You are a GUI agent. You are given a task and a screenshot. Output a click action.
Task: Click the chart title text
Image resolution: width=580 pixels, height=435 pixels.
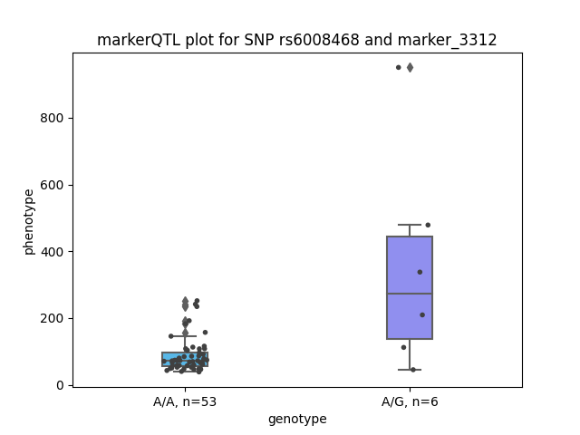click(x=296, y=40)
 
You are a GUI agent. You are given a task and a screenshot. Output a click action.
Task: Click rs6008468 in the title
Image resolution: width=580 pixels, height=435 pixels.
click(x=319, y=40)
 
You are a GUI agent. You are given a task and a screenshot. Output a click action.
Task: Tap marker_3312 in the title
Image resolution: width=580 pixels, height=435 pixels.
click(x=447, y=40)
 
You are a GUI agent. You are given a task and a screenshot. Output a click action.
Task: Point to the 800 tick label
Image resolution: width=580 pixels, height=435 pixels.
click(x=52, y=118)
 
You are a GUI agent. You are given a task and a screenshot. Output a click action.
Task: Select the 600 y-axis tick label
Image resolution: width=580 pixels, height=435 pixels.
click(x=52, y=185)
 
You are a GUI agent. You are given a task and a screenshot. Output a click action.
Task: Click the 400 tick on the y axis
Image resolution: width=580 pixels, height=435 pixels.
click(x=52, y=252)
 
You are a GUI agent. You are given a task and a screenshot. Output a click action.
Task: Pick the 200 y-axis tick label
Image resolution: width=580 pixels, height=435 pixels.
click(x=52, y=318)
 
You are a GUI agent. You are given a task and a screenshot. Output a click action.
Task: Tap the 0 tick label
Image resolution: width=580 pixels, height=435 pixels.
click(x=60, y=385)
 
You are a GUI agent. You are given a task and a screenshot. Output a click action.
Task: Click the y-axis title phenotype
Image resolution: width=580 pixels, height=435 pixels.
click(x=28, y=222)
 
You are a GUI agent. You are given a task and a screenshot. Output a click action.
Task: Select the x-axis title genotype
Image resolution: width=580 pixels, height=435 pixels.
click(x=297, y=419)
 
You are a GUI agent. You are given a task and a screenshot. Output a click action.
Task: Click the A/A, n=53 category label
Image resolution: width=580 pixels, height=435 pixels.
click(x=185, y=401)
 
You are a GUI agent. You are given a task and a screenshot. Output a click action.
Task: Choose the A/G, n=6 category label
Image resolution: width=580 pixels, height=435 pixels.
click(x=410, y=401)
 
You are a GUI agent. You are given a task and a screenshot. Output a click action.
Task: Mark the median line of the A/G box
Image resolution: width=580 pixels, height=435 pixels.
click(x=410, y=294)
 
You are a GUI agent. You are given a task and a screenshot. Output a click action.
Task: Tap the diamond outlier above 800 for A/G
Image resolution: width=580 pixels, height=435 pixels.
click(x=410, y=68)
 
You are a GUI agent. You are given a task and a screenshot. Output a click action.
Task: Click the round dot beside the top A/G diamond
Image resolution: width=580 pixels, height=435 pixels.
click(x=399, y=67)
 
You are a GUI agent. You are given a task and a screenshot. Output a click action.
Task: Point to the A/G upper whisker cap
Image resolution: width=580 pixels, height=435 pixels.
click(x=410, y=225)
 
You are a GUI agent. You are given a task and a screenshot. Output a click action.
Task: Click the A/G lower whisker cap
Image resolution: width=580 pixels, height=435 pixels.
click(x=410, y=370)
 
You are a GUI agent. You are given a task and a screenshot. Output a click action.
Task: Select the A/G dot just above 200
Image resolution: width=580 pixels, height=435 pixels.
click(x=422, y=314)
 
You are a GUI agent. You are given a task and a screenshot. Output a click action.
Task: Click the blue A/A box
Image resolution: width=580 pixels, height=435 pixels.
click(x=185, y=359)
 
